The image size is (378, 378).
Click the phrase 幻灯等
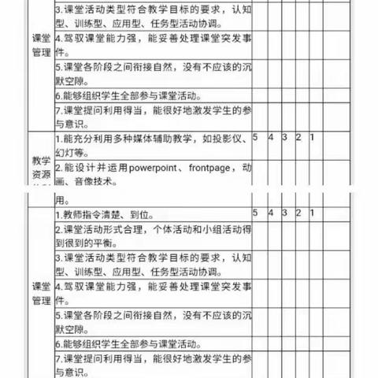click(x=73, y=153)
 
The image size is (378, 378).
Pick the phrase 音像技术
click(x=87, y=182)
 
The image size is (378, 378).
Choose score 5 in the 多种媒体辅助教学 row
click(x=256, y=137)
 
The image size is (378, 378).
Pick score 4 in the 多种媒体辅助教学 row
click(x=271, y=137)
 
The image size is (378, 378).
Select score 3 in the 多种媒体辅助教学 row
click(x=285, y=137)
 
